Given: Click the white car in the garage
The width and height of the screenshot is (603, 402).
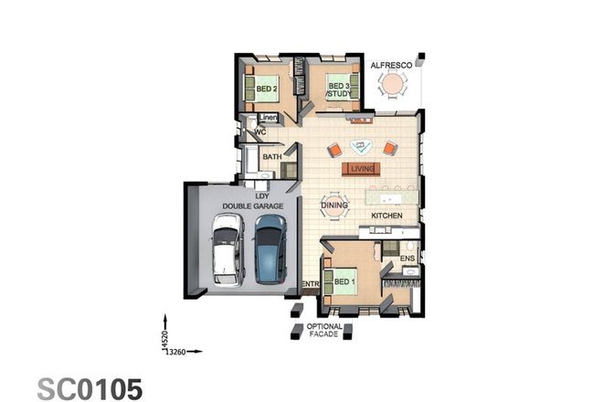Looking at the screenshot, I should tap(226, 250).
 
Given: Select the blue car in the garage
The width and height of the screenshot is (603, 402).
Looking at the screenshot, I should tap(269, 250).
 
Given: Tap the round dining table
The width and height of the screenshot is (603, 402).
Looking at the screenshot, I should tap(333, 206).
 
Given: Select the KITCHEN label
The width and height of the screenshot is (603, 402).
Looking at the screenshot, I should tap(386, 216).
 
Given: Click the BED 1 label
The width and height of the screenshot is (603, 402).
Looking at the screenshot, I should tap(344, 280).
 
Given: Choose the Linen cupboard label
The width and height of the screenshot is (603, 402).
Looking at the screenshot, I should tap(268, 118).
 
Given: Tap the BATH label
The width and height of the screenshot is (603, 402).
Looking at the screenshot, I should tap(271, 157).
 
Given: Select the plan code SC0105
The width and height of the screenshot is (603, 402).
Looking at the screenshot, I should tap(90, 387).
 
